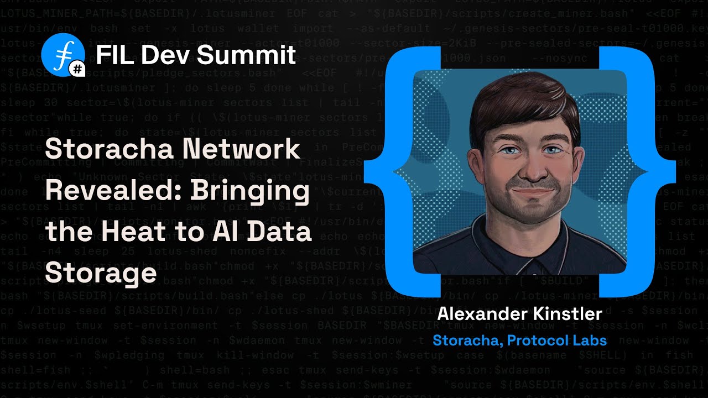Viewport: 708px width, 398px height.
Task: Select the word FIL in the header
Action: point(114,55)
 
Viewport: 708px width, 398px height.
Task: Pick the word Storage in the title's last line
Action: point(101,273)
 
